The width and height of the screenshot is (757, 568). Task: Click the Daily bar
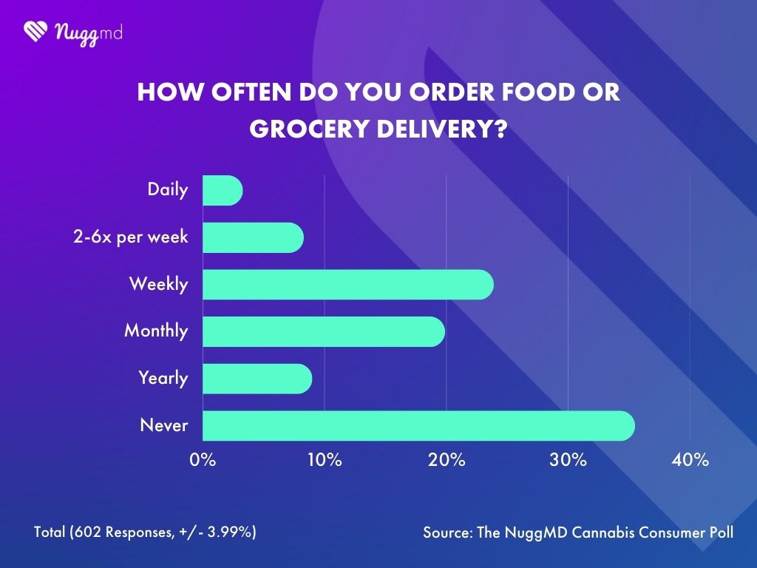[x=222, y=191]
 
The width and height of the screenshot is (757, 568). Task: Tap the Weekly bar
[x=347, y=284]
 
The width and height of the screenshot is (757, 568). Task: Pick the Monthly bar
[x=323, y=331]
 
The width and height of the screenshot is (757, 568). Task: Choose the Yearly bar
[x=257, y=378]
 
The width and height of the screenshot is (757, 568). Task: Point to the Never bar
[x=418, y=425]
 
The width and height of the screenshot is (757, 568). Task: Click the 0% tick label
[x=203, y=460]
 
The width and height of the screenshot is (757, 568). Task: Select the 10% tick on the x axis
[x=324, y=460]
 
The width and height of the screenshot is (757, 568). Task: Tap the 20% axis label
[x=447, y=460]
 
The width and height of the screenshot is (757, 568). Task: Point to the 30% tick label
[x=568, y=460]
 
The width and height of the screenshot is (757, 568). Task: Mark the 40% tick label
[x=690, y=460]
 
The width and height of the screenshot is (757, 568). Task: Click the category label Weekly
[x=158, y=284]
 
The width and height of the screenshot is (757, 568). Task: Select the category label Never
[x=163, y=425]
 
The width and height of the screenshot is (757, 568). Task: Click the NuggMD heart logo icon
[x=35, y=31]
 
